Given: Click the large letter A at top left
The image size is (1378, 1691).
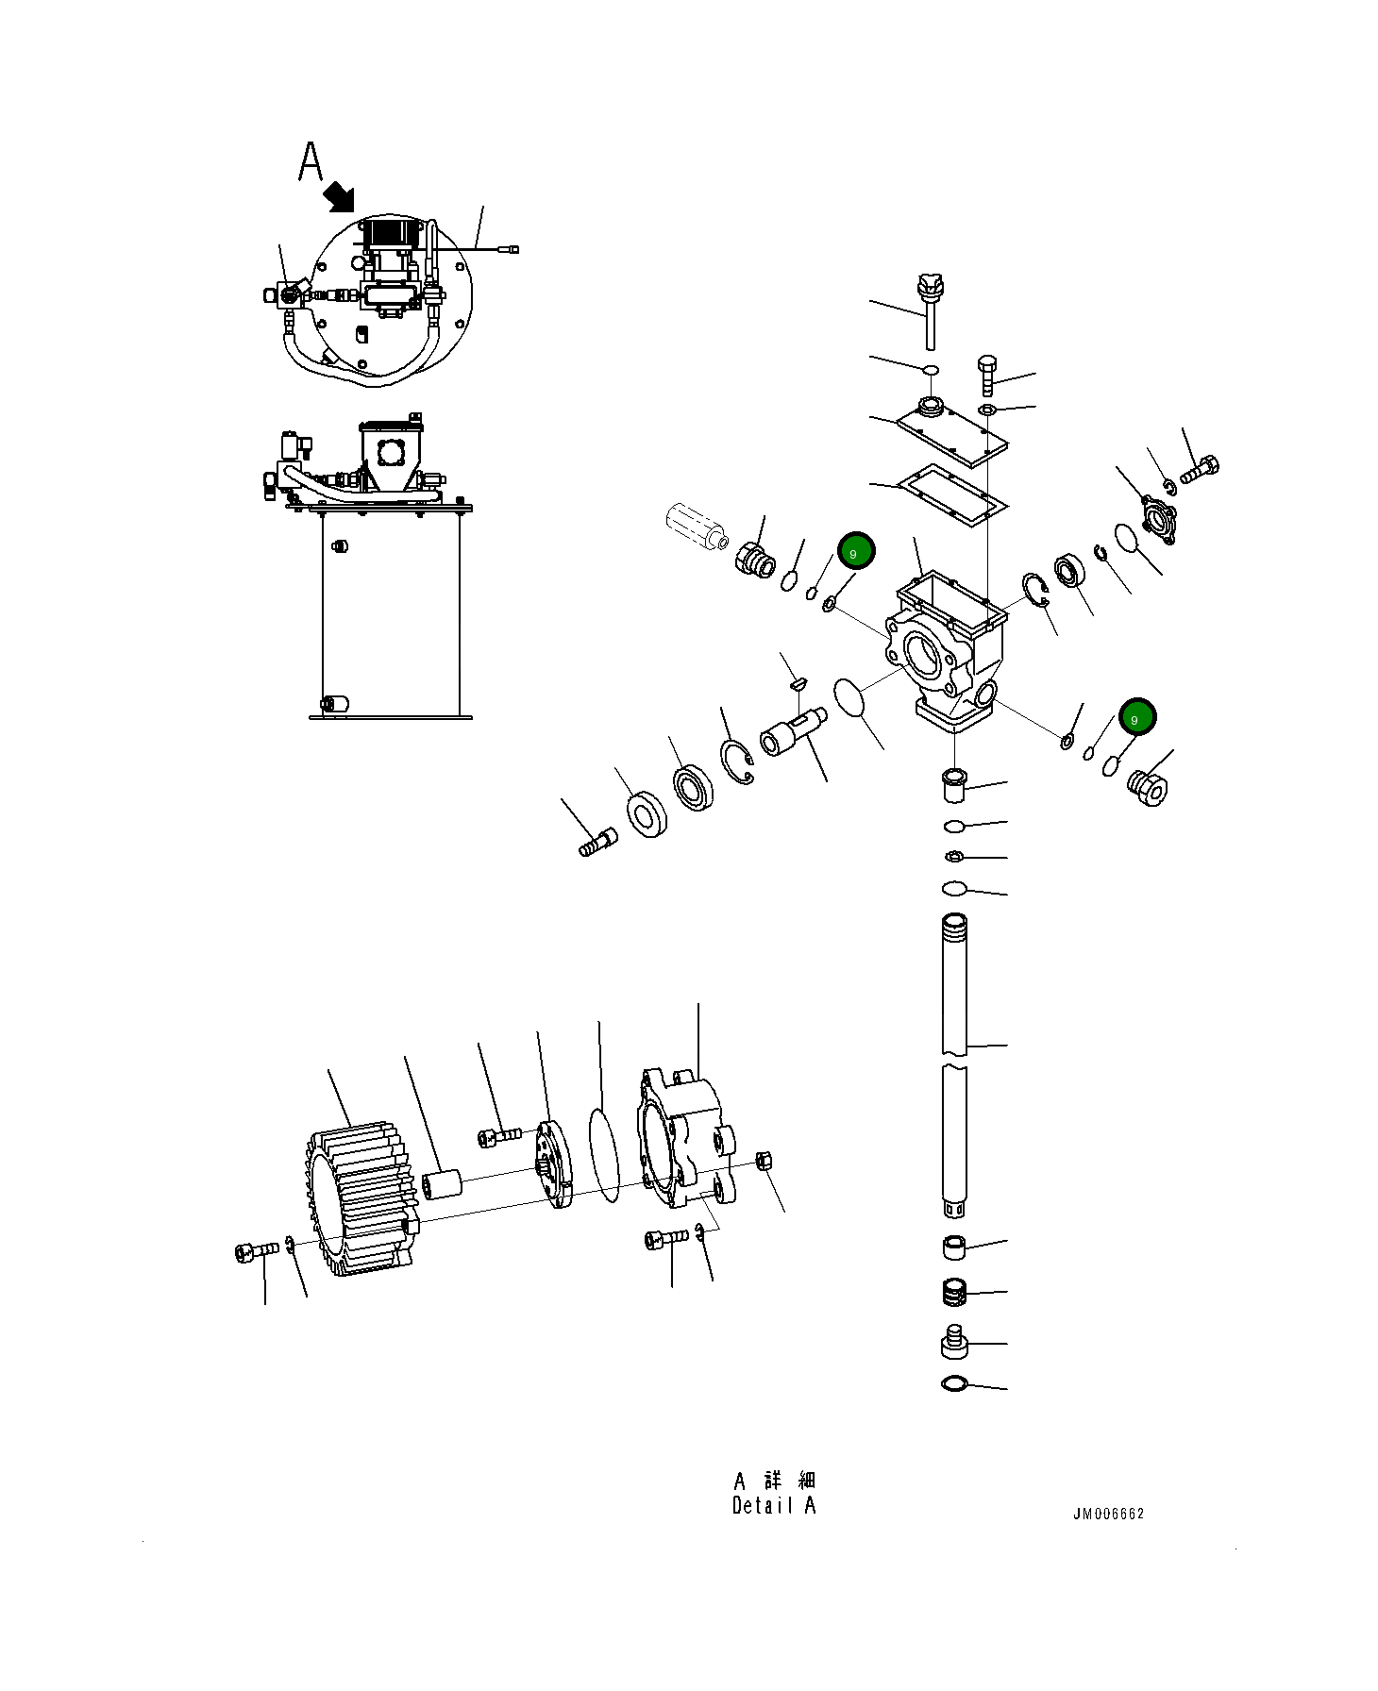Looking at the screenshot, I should (x=310, y=162).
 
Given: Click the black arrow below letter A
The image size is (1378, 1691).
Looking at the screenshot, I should (x=339, y=197).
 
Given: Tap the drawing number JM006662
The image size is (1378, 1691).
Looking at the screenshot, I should (x=1108, y=1514).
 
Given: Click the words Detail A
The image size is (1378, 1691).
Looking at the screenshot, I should (x=773, y=1506).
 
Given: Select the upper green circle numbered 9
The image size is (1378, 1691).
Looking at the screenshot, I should (x=856, y=552).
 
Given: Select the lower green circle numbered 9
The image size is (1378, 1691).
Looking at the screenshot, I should (x=1136, y=718).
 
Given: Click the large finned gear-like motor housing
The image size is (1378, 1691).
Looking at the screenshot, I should (x=361, y=1197).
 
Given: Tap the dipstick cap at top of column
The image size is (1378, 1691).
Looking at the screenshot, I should (x=931, y=284).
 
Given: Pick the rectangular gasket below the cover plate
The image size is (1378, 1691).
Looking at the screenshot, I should (x=951, y=494).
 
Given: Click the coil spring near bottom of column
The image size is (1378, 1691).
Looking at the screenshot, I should (x=955, y=1292).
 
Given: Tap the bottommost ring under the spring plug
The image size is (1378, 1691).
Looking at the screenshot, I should (x=954, y=1384).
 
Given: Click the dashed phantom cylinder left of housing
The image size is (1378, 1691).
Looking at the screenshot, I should (x=694, y=526).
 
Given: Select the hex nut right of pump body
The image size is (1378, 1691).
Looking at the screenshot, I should (x=765, y=1161).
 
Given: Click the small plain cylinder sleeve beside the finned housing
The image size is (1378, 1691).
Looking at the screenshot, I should (x=441, y=1184).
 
